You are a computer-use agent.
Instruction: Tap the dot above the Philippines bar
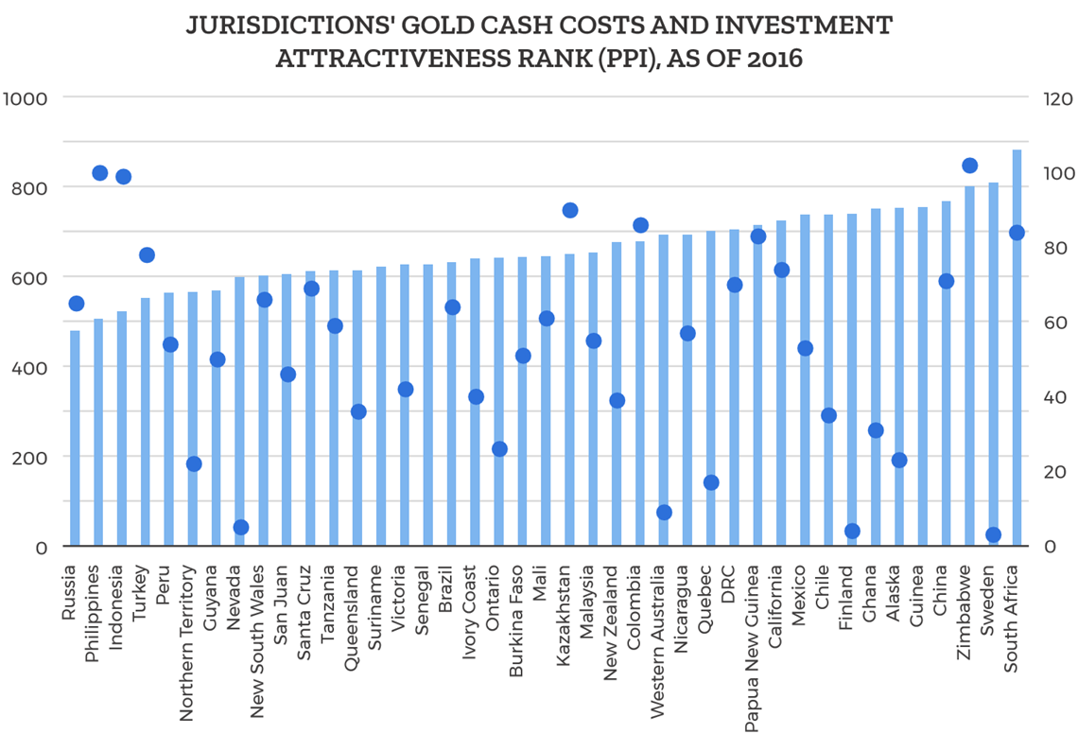[99, 173]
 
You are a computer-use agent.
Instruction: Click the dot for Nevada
[241, 528]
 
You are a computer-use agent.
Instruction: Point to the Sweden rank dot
[993, 535]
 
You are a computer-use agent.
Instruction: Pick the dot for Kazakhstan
[570, 210]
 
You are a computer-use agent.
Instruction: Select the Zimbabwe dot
[969, 166]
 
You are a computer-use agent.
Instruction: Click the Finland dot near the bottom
[852, 532]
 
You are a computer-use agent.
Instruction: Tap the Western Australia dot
[664, 513]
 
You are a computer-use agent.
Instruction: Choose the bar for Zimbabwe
[969, 369]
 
